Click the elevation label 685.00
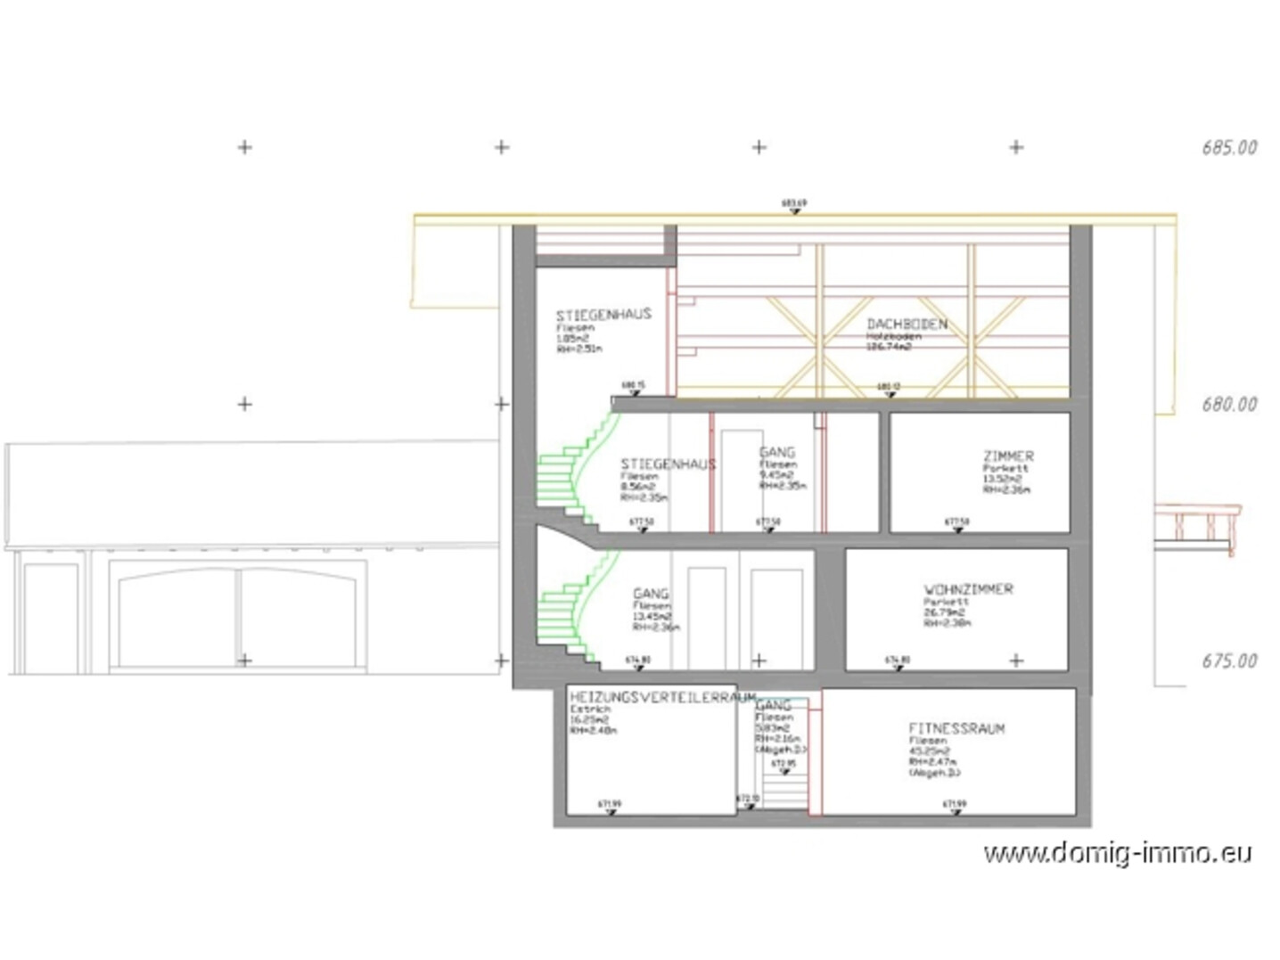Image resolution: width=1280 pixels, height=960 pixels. [x=1228, y=148]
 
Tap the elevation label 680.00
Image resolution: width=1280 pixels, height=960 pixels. [x=1228, y=405]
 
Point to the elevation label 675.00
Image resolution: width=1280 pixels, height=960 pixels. [x=1228, y=661]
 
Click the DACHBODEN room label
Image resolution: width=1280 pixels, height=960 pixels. [x=907, y=324]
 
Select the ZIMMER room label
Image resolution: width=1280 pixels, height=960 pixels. [x=1008, y=456]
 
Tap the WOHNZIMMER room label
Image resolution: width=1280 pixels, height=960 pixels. [x=968, y=590]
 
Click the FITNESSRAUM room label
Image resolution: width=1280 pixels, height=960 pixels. [x=956, y=728]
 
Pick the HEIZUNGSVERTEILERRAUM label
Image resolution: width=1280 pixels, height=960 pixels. [x=662, y=697]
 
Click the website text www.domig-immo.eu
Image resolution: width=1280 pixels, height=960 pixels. [x=1117, y=853]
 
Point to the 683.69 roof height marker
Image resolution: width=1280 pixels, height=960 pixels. [x=793, y=204]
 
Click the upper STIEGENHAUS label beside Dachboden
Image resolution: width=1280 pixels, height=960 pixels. [x=603, y=315]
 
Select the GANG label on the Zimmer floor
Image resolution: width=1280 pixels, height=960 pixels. [x=776, y=453]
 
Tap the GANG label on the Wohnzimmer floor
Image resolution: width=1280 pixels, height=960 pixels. [x=650, y=594]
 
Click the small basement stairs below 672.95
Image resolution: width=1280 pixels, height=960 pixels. [x=784, y=789]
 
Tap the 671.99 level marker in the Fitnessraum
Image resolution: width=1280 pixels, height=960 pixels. [x=955, y=805]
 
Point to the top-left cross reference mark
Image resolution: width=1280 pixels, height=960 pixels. [x=245, y=147]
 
